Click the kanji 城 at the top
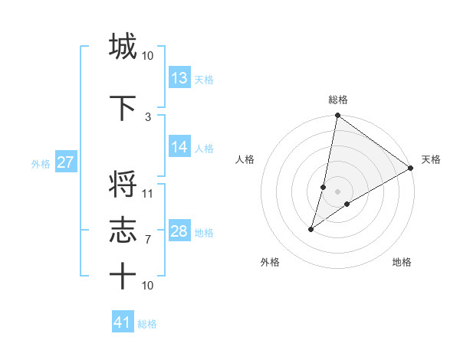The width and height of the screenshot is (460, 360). [x=123, y=46]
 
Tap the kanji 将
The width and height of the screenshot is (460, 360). [x=123, y=185]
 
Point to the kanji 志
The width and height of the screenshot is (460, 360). [x=123, y=231]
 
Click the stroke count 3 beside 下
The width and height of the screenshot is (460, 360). [x=148, y=116]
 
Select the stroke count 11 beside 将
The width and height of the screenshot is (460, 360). [x=148, y=193]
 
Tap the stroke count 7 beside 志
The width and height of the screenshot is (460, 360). [x=148, y=240]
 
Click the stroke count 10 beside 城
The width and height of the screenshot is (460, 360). [x=148, y=55]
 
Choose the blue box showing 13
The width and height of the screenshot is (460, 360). [x=179, y=77]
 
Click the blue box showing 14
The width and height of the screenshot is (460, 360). [x=179, y=147]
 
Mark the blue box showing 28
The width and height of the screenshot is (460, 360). [x=179, y=231]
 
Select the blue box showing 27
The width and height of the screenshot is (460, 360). [x=65, y=162]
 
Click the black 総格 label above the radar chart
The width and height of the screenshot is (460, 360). [x=338, y=100]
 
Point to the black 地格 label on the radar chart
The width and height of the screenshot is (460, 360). [x=402, y=262]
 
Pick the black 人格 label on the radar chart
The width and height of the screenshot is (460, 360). [x=245, y=159]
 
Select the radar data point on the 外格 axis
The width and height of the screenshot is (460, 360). [x=311, y=229]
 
